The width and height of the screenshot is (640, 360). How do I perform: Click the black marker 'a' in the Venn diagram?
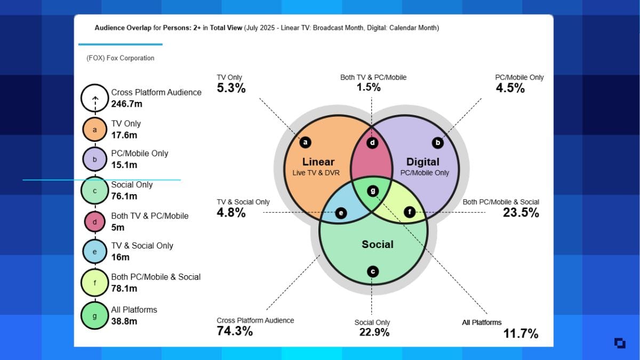coord(305,142)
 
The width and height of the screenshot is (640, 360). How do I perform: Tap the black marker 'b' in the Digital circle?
coord(438,142)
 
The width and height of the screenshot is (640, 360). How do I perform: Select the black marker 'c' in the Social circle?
coord(373,271)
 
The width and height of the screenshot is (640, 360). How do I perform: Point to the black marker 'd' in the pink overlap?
coord(373,142)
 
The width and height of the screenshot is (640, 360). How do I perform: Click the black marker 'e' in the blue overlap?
coord(341,213)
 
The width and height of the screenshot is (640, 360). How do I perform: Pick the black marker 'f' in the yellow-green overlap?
coord(410,212)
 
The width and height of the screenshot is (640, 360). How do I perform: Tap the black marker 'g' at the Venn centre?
coord(373,190)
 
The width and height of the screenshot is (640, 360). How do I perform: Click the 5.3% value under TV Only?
coord(231,88)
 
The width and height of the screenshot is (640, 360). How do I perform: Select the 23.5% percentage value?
coord(521,212)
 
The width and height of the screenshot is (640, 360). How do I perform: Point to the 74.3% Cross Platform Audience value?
coord(235,331)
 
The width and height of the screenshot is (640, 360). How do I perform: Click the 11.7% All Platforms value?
coord(521,334)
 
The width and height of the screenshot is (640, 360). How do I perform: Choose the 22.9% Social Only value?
coord(374,332)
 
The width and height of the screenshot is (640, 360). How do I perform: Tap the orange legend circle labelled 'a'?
coord(95,130)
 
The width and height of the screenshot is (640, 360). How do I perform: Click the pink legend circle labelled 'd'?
coord(95,222)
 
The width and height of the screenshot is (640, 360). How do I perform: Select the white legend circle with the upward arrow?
coord(95,98)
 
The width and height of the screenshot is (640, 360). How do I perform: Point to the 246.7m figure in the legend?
coord(126,104)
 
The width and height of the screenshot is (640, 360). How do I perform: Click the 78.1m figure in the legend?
coord(124,289)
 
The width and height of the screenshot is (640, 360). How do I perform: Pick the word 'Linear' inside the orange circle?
coord(318,162)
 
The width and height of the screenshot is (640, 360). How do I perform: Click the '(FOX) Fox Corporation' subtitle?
coord(120,58)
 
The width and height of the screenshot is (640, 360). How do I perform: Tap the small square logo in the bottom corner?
coord(620,343)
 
